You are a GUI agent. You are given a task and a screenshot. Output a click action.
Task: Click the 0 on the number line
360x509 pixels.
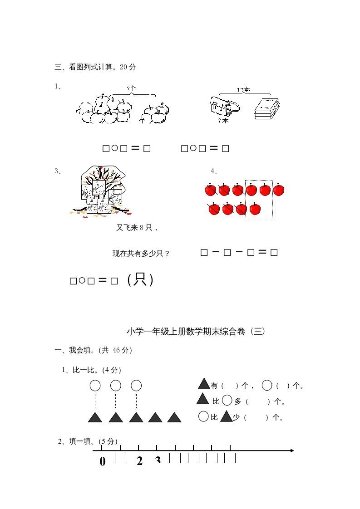pos(102,461)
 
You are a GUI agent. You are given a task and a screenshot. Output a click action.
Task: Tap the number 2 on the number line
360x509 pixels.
pos(139,461)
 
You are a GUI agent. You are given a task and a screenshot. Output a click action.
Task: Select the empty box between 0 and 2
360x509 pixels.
pos(120,458)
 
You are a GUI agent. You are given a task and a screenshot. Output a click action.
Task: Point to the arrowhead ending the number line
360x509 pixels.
pos(292,450)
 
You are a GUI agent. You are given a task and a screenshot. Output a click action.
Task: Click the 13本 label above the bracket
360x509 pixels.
pos(243,90)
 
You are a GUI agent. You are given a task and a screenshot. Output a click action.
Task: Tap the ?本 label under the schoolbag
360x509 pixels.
pos(223,121)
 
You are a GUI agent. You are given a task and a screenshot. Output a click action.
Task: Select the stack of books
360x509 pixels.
pos(266,109)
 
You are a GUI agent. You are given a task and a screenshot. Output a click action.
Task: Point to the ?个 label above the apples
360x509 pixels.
pos(132,88)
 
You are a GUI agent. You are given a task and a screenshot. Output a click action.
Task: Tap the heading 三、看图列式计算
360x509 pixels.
pos(95,67)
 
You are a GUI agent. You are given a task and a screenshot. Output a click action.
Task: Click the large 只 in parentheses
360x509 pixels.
pos(141,280)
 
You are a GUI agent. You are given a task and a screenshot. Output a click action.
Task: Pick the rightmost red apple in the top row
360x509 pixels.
pos(278,190)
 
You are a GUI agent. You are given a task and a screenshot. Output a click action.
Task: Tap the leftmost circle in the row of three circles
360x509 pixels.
pos(95,386)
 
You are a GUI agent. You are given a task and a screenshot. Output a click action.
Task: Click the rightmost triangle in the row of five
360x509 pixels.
pos(174,417)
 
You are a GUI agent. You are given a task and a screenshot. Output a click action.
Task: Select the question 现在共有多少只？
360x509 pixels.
pos(141,254)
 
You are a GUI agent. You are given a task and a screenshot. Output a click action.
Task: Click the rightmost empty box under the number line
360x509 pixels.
pos(230,458)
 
